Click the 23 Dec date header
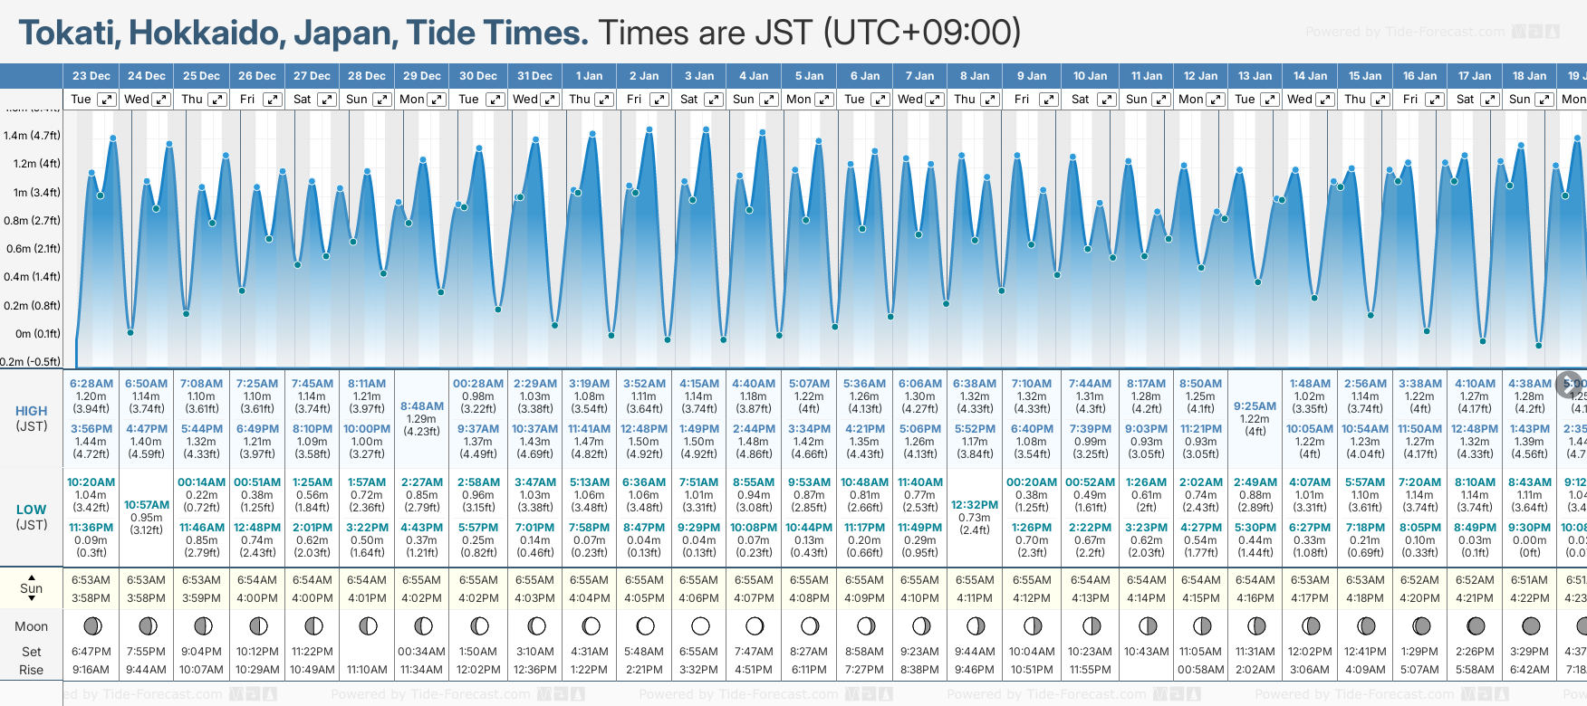[91, 76]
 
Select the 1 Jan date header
[589, 76]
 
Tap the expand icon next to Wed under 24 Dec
[161, 100]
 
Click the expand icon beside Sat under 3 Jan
[714, 100]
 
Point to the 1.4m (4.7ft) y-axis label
[32, 136]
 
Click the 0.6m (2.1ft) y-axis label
[32, 249]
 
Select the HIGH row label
[31, 411]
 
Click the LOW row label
[31, 510]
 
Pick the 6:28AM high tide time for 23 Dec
[91, 384]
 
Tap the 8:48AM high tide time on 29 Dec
[422, 406]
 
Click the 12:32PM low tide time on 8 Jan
[975, 505]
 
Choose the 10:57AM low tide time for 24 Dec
[146, 505]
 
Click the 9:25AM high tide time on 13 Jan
[1255, 406]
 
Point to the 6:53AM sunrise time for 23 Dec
[91, 580]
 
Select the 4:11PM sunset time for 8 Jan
[975, 598]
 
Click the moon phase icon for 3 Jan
[699, 625]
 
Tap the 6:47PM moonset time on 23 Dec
[91, 652]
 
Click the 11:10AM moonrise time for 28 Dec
[367, 670]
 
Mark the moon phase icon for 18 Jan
[1530, 625]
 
